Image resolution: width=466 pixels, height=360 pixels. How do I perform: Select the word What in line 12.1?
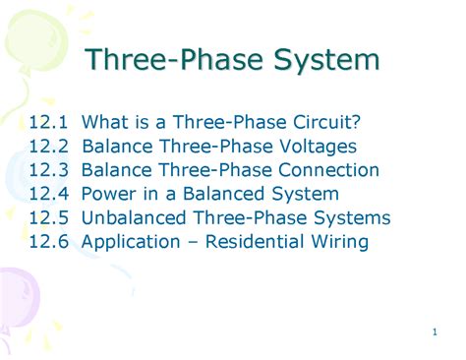(x=103, y=123)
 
